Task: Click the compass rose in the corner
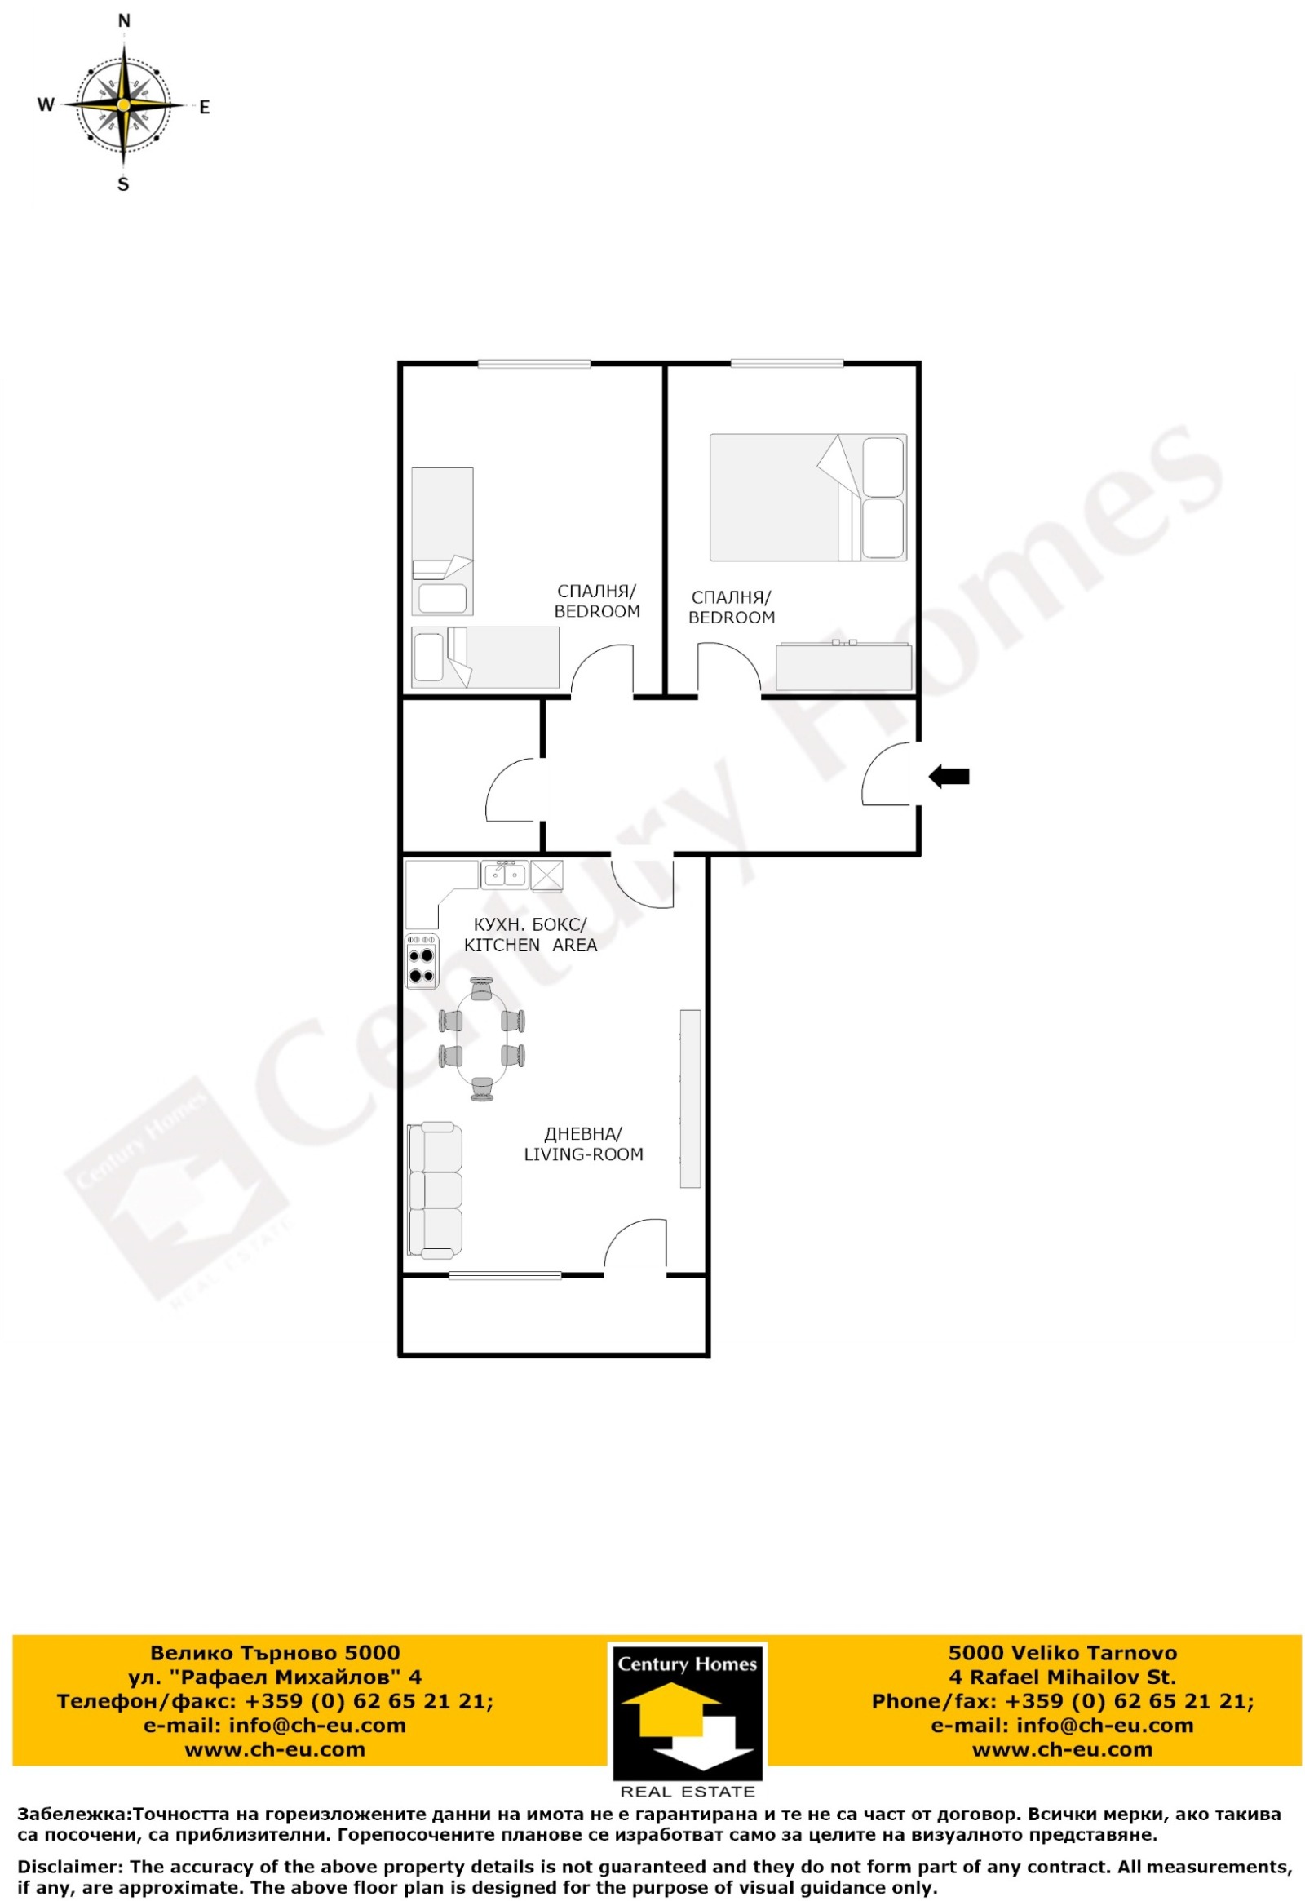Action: point(123,104)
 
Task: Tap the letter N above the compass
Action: point(124,21)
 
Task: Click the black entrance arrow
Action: point(949,776)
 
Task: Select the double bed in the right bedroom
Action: point(807,498)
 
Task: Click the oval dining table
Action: point(482,1038)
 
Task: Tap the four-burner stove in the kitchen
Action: point(422,961)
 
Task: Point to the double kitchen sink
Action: point(504,875)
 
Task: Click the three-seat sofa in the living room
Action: point(435,1190)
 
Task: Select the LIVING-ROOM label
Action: point(583,1154)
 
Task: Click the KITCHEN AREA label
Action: point(531,945)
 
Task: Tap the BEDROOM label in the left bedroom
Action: point(597,611)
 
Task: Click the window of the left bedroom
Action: point(534,364)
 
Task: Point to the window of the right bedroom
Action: point(786,364)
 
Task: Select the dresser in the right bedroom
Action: point(844,667)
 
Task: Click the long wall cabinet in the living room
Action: point(691,1098)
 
